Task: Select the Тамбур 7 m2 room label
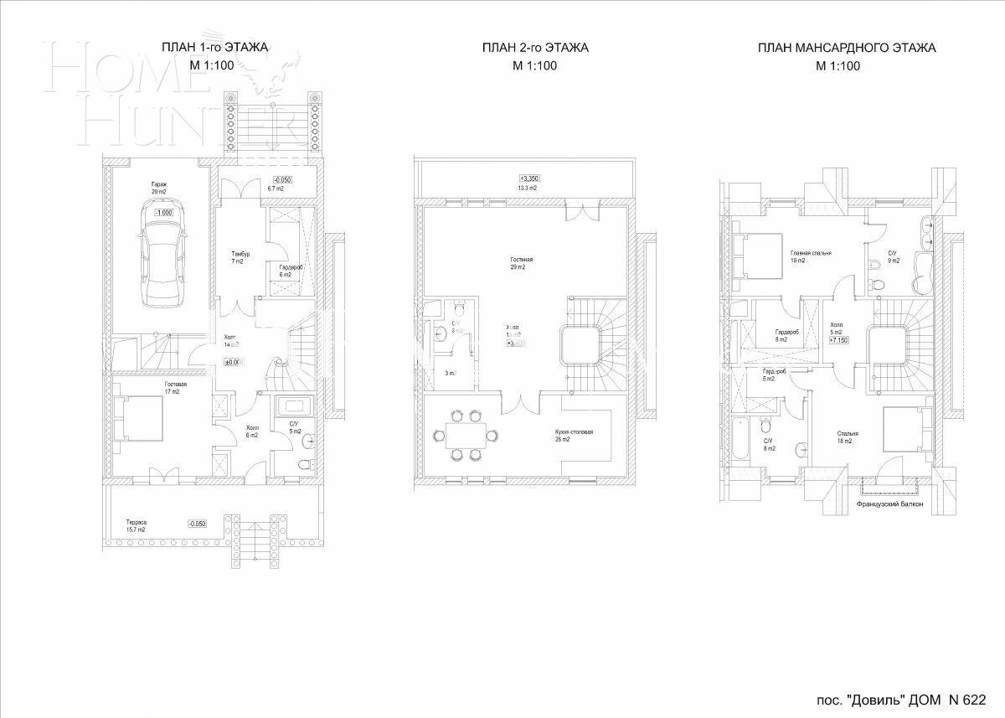(241, 257)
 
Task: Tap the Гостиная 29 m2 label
(521, 263)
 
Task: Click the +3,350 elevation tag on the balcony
(529, 178)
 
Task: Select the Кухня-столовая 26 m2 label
(574, 436)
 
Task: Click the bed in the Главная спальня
(754, 254)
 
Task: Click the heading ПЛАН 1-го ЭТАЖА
(214, 48)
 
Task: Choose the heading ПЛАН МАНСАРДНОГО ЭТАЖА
(846, 48)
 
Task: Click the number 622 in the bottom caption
(973, 700)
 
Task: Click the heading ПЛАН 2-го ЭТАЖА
(535, 48)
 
